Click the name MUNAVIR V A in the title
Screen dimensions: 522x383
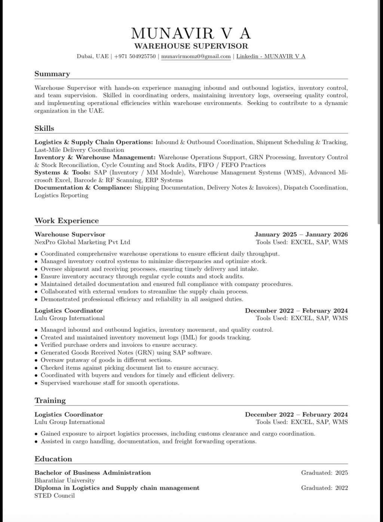pos(191,34)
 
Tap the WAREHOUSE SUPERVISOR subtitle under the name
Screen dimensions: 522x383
pos(191,46)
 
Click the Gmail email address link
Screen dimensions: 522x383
pos(196,56)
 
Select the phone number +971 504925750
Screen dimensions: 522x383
pos(135,56)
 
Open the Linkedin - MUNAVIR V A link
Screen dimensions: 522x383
pos(271,56)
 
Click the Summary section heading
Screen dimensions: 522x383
pos(52,74)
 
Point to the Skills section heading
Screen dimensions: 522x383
pos(44,128)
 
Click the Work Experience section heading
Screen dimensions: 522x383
pos(67,221)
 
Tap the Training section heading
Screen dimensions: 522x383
pos(50,400)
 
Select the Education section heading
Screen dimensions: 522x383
pos(53,459)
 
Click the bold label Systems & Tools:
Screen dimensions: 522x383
pos(62,172)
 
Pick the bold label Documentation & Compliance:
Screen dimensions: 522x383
pos(83,188)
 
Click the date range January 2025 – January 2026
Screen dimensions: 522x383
pos(301,234)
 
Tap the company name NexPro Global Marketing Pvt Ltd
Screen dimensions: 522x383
pos(82,242)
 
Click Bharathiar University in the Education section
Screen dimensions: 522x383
pos(64,480)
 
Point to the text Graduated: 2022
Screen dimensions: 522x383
pos(324,488)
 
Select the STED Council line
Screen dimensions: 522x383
pos(55,495)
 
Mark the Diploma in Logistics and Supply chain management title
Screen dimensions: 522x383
pos(117,488)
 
